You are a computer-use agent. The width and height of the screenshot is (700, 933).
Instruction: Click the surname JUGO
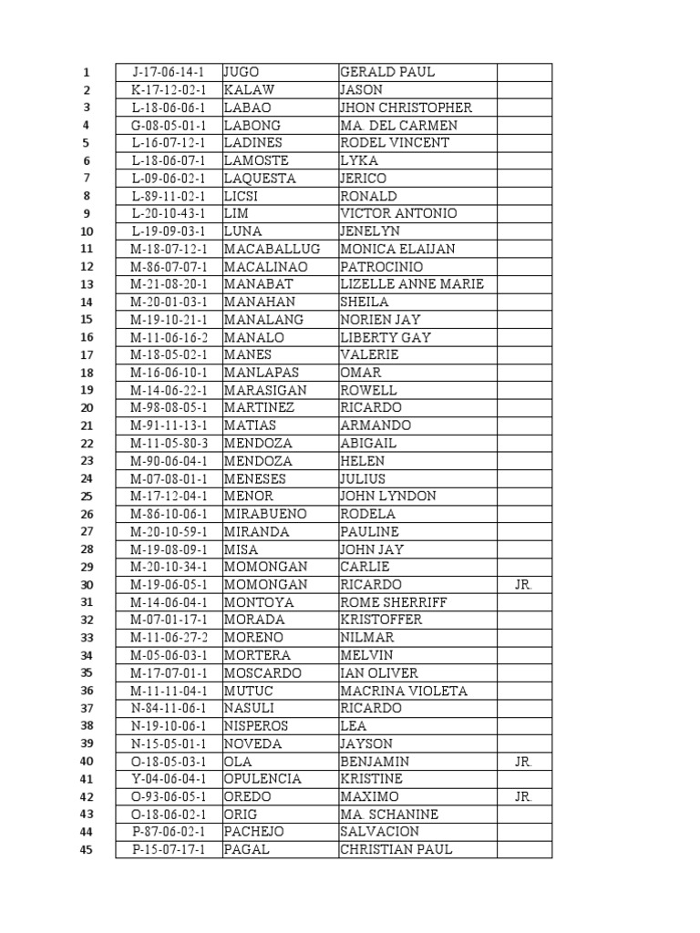(242, 72)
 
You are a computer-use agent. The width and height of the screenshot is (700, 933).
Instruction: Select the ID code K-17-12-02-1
(169, 90)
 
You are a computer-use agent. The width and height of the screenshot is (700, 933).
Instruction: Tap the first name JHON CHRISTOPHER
(406, 108)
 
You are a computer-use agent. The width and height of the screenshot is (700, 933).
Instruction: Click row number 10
(87, 231)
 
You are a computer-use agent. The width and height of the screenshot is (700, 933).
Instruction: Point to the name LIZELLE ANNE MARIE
(412, 284)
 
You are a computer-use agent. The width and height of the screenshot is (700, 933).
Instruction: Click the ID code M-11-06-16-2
(169, 337)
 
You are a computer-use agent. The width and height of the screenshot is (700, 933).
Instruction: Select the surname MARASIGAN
(265, 390)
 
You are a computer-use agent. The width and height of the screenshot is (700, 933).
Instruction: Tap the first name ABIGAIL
(368, 444)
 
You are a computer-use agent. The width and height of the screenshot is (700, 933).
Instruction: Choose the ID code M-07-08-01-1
(169, 478)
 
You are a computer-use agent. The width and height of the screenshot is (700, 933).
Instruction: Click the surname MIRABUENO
(265, 514)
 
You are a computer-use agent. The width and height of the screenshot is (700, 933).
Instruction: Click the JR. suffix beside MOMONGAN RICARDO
(523, 585)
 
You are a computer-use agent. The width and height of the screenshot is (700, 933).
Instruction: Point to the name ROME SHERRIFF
(394, 602)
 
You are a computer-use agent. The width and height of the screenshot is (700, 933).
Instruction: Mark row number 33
(87, 638)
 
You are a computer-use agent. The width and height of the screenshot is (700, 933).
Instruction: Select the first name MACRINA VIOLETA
(404, 691)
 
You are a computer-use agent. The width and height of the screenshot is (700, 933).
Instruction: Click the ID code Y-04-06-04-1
(169, 779)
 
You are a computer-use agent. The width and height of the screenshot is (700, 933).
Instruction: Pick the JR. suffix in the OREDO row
(523, 796)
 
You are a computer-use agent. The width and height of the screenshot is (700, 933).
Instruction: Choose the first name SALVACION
(379, 832)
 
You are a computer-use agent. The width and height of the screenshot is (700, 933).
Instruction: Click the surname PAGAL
(244, 850)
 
